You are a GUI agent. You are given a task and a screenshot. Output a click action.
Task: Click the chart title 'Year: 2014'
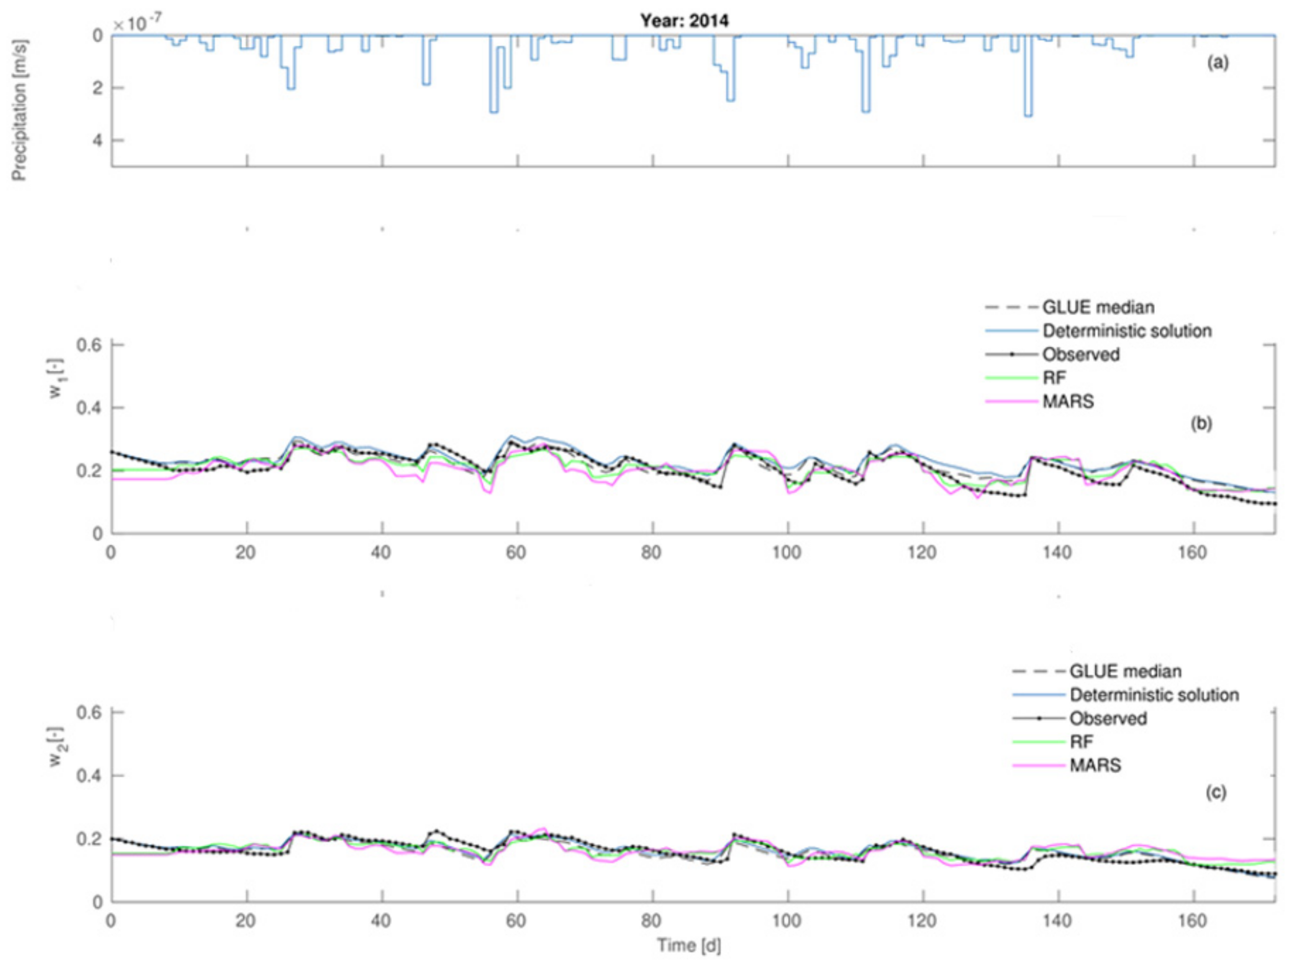684,21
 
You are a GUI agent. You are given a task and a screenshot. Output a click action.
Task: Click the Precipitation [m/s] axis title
19,110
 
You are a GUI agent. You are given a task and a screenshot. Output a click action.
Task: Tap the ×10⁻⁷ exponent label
137,24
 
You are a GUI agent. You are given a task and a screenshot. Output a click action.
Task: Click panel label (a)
1217,62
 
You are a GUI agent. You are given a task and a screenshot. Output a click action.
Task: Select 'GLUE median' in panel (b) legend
1098,307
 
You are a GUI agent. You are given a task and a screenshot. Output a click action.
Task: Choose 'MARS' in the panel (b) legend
1068,401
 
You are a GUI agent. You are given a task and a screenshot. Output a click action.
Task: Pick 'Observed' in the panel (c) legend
1108,718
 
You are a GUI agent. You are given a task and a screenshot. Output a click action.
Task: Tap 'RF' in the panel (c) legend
1081,742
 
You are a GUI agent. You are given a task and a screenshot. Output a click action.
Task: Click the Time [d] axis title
689,945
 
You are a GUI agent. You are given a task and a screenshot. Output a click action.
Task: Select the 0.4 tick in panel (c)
89,776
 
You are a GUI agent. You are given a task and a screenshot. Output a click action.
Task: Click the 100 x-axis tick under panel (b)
787,552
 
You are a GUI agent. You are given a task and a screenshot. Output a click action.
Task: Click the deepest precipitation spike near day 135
1028,115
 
